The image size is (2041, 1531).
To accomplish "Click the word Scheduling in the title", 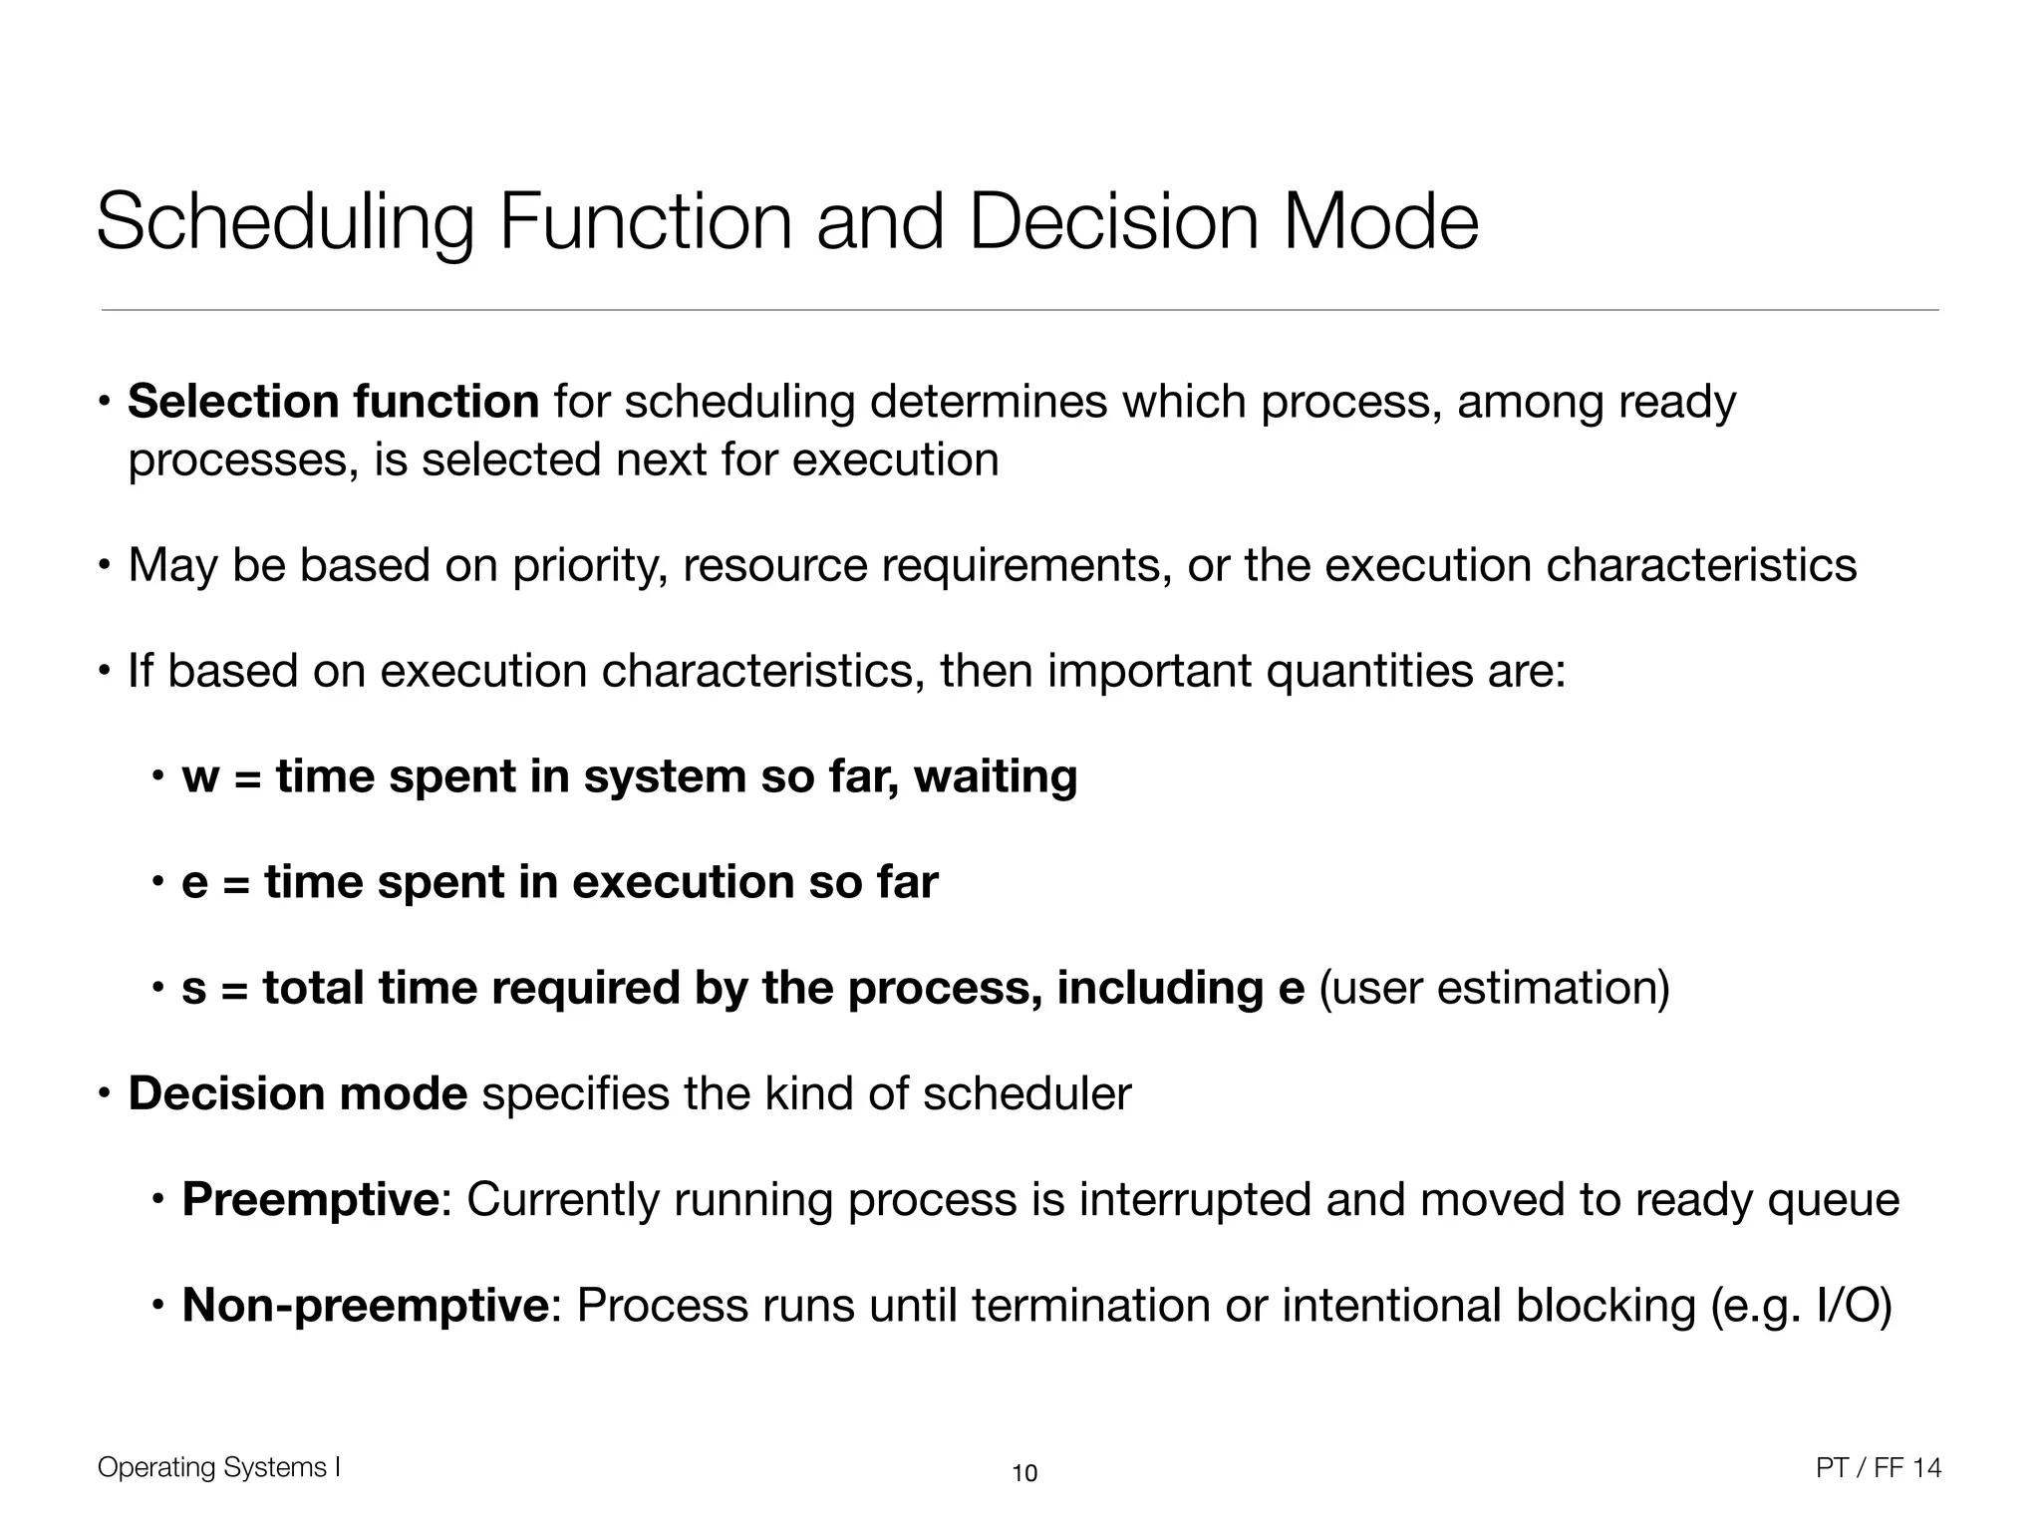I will [285, 223].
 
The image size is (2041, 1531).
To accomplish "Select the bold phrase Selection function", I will [333, 402].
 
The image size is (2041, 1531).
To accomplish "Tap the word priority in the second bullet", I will [589, 565].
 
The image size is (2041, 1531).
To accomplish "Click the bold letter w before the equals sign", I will [200, 776].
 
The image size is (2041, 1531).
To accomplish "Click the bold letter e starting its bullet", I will [194, 883].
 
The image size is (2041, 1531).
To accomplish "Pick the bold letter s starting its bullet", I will [193, 989].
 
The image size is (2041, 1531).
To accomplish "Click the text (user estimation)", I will [1494, 988].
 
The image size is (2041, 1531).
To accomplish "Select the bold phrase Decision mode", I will [297, 1093].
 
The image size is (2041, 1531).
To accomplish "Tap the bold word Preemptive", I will [309, 1199].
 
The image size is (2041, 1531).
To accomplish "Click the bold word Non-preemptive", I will [365, 1305].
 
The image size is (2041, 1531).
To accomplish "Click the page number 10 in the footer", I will [1024, 1473].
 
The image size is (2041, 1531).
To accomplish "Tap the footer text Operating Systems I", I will [219, 1467].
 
